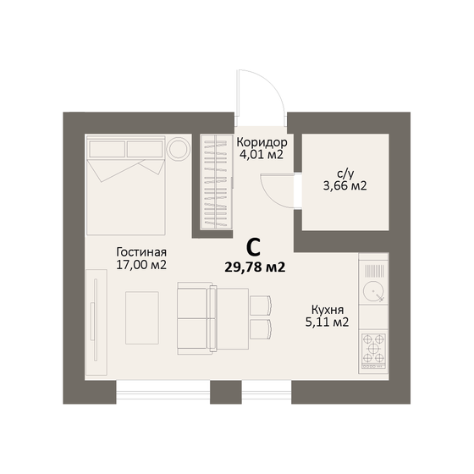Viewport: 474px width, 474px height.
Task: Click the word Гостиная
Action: pyautogui.click(x=141, y=251)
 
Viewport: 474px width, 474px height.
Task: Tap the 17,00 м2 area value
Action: pyautogui.click(x=141, y=265)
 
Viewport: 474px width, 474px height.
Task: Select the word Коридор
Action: pyautogui.click(x=262, y=142)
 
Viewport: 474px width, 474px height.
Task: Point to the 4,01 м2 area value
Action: pyautogui.click(x=261, y=156)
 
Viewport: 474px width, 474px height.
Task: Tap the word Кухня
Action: pyautogui.click(x=326, y=309)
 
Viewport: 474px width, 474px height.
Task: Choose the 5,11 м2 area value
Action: pyautogui.click(x=326, y=322)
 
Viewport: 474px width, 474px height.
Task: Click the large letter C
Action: pyautogui.click(x=252, y=248)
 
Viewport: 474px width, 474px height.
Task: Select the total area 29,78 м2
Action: pyautogui.click(x=254, y=267)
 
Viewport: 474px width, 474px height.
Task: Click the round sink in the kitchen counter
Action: pyautogui.click(x=372, y=292)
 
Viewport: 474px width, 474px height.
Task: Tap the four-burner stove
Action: pyautogui.click(x=373, y=349)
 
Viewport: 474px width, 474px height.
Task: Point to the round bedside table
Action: pyautogui.click(x=179, y=150)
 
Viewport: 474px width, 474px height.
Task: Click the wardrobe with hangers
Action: pyautogui.click(x=216, y=182)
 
